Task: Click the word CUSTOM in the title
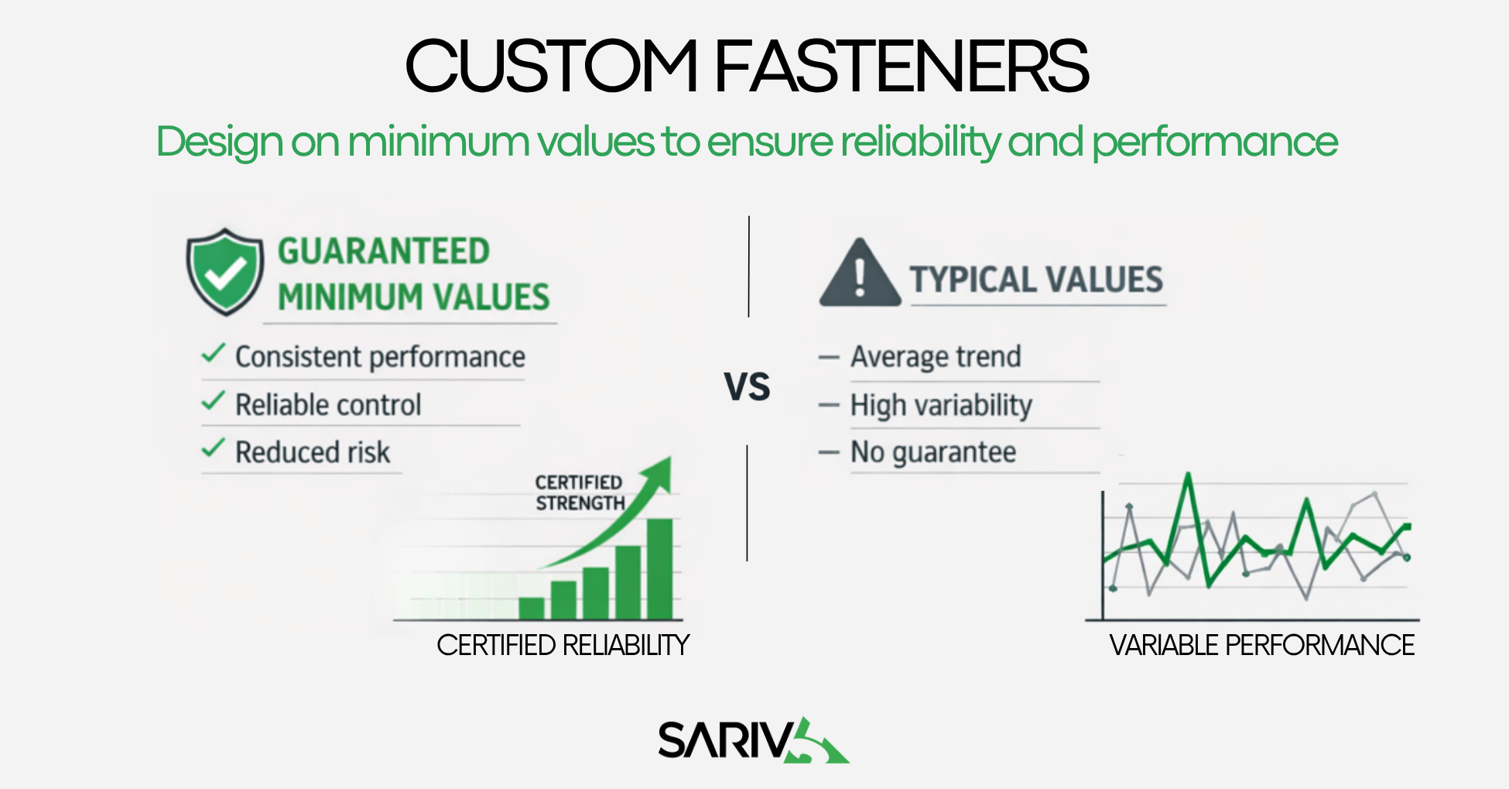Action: coord(550,67)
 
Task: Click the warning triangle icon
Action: coord(860,274)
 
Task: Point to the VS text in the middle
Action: coord(747,386)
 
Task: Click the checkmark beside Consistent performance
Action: coord(213,354)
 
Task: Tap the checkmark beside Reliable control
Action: coord(213,402)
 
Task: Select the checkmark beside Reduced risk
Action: coord(213,448)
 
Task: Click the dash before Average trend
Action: coord(829,358)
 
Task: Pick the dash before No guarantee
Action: coord(829,453)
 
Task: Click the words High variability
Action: coord(941,405)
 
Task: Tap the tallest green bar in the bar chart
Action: coord(659,568)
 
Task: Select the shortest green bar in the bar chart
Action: coord(531,608)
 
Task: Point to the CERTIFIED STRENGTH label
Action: coord(580,492)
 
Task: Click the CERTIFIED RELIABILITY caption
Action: coord(563,645)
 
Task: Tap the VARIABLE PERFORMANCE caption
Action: coord(1261,645)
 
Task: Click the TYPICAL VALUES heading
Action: coord(1036,280)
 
